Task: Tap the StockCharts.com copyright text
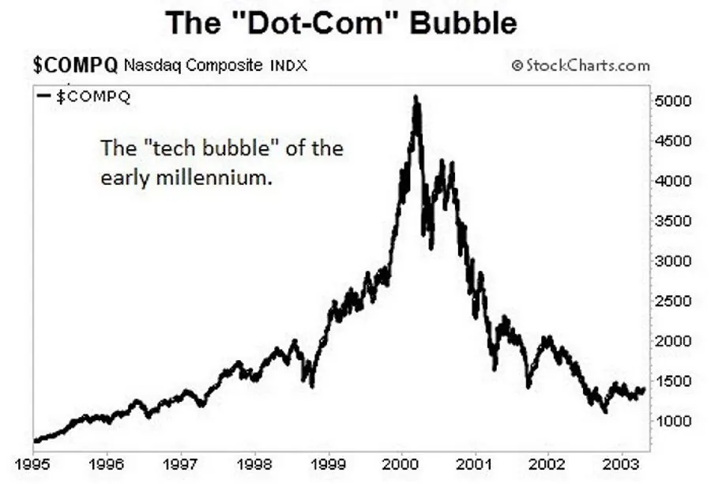pos(581,66)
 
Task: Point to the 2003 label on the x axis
pos(622,463)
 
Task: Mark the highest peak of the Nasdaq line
pos(416,98)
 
